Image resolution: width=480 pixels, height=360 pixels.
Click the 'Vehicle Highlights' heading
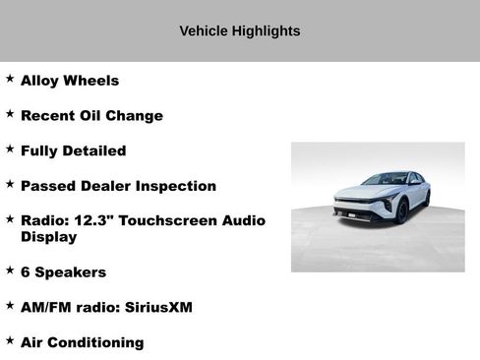(240, 30)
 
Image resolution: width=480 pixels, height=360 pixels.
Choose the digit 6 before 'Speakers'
(26, 271)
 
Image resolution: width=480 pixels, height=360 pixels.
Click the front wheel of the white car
(402, 210)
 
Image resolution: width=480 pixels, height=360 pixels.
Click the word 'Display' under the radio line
(49, 237)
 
